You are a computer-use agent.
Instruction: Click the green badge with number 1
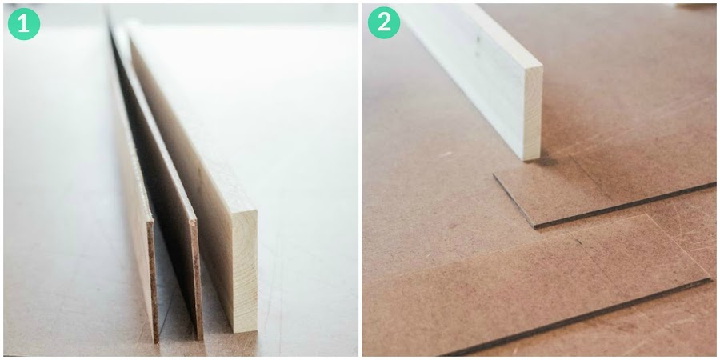(x=24, y=23)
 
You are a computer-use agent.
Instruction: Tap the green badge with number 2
(x=384, y=22)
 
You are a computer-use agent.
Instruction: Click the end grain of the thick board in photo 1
(x=243, y=271)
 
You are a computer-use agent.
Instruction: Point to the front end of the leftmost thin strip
(x=153, y=281)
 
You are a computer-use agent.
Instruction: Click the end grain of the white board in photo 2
(x=533, y=113)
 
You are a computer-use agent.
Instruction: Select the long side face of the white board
(x=473, y=78)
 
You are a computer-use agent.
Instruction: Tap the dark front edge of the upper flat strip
(x=625, y=205)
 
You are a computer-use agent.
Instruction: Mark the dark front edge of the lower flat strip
(x=574, y=317)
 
